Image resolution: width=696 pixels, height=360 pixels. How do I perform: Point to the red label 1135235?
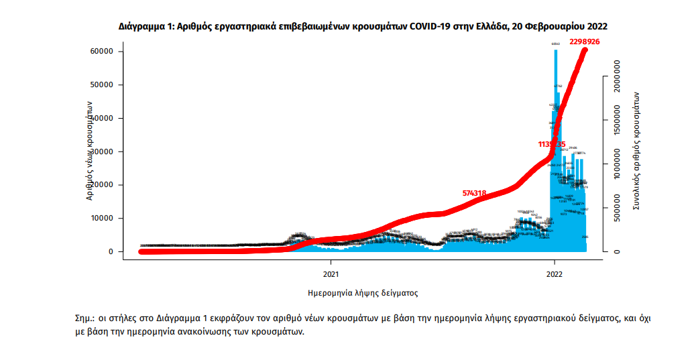(x=552, y=144)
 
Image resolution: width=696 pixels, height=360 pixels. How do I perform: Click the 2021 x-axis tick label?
(x=330, y=274)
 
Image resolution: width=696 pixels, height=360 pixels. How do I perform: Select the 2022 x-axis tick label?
(x=555, y=274)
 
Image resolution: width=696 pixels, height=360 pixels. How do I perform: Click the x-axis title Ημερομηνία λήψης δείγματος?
(x=363, y=293)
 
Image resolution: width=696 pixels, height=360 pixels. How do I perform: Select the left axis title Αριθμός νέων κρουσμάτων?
(x=89, y=152)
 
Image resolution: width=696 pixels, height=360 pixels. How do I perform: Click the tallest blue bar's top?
(x=555, y=51)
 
